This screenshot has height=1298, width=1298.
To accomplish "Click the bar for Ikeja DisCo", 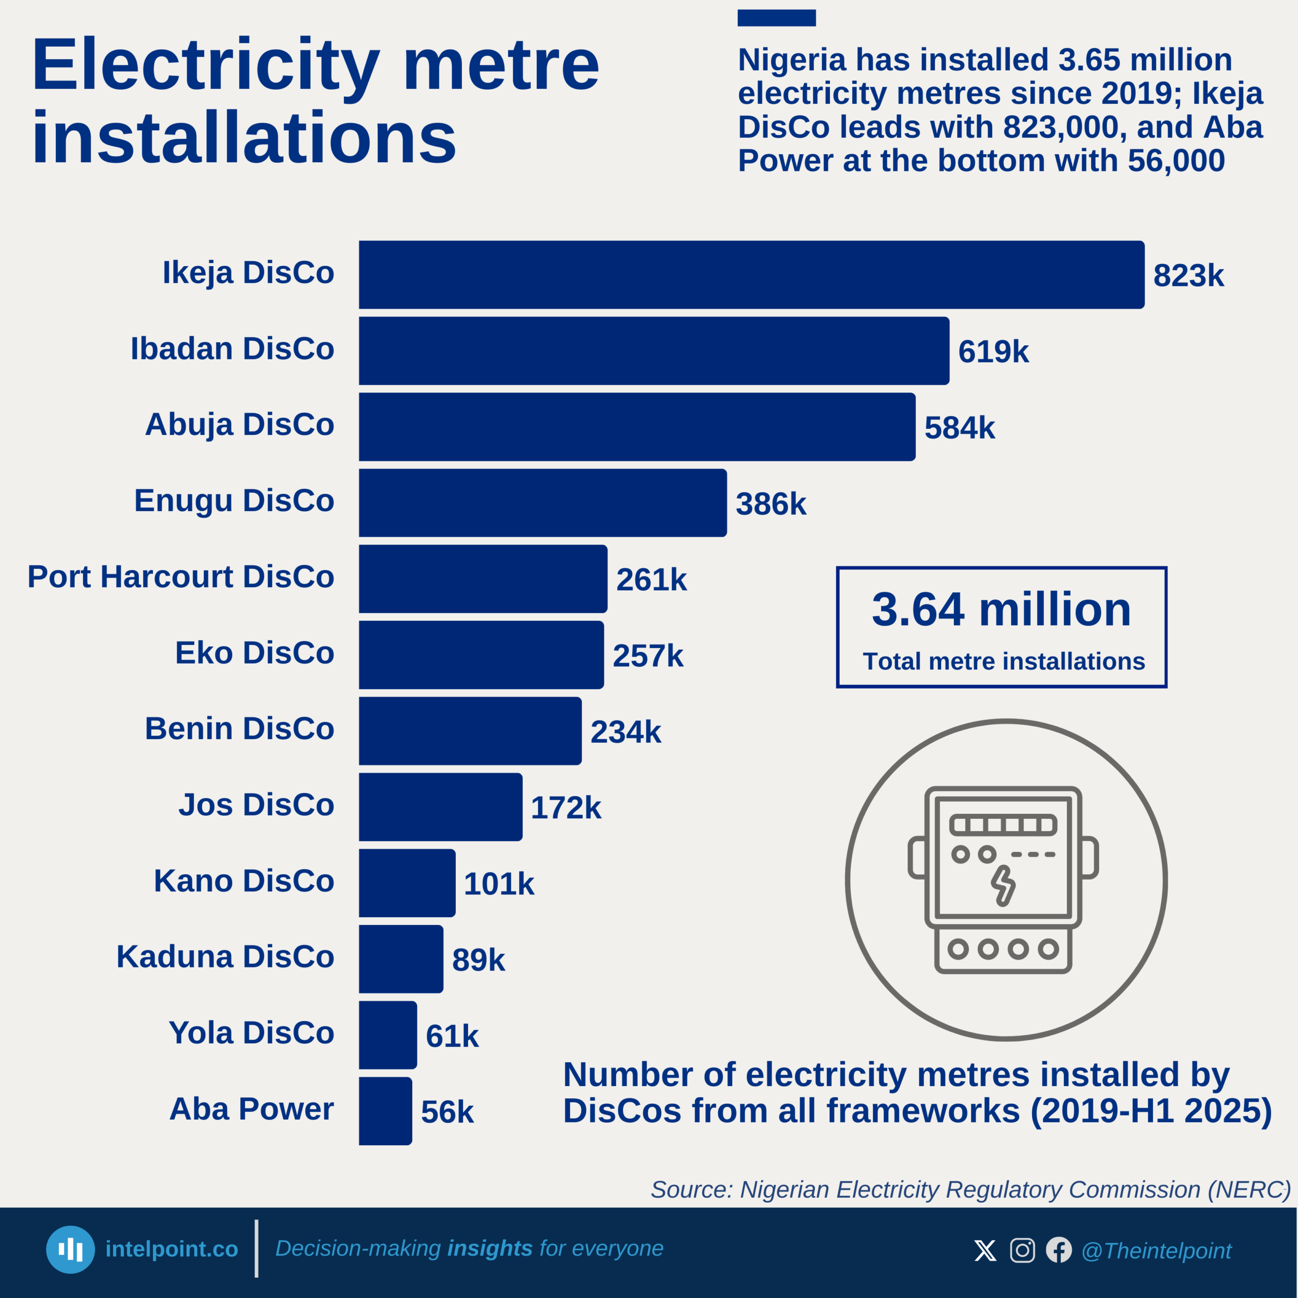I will tap(751, 275).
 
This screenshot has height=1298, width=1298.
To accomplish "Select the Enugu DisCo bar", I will tap(542, 502).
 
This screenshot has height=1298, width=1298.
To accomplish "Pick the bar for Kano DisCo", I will tap(407, 883).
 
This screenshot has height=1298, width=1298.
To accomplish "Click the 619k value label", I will tap(993, 351).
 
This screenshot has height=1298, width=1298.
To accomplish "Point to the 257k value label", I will tap(647, 656).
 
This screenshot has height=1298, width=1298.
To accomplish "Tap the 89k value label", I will tap(478, 959).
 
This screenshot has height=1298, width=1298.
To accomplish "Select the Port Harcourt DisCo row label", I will tap(181, 576).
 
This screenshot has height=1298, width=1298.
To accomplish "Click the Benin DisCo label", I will tap(239, 728).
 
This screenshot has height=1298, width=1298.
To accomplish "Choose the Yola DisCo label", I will tap(251, 1033).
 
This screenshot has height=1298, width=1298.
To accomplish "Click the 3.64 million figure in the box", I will tap(1001, 609).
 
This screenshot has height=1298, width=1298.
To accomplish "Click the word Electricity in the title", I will tap(205, 66).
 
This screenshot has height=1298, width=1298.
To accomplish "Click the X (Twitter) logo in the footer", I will tap(985, 1250).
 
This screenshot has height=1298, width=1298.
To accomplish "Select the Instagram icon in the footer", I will tap(1022, 1250).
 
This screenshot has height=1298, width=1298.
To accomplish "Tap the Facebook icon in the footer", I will tap(1059, 1250).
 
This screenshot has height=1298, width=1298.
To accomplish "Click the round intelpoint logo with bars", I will tap(70, 1250).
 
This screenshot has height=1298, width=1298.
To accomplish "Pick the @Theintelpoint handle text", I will tap(1156, 1251).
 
